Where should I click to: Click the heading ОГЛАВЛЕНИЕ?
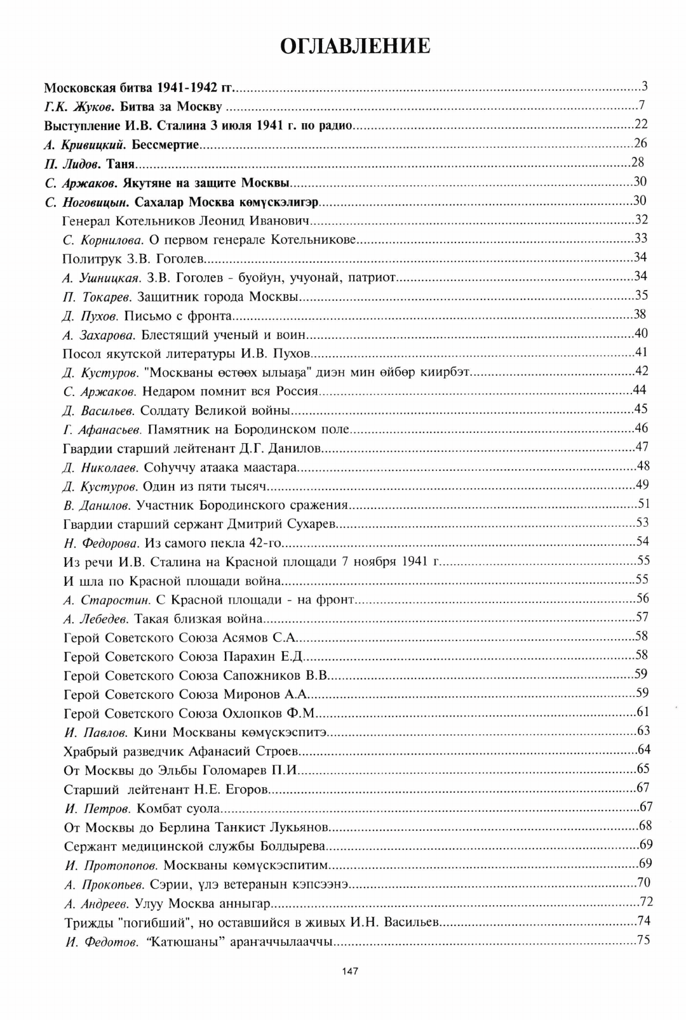point(355,46)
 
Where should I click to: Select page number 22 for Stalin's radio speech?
point(640,124)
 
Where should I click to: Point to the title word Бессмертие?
point(166,145)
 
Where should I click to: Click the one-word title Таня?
point(121,164)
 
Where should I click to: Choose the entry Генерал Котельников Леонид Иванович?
point(185,221)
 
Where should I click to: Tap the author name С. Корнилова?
point(104,240)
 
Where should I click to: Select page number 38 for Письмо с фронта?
point(640,314)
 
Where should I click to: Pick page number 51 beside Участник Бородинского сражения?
point(643,504)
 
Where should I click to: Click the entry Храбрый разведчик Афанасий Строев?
point(181,752)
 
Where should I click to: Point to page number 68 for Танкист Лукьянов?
point(645,826)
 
